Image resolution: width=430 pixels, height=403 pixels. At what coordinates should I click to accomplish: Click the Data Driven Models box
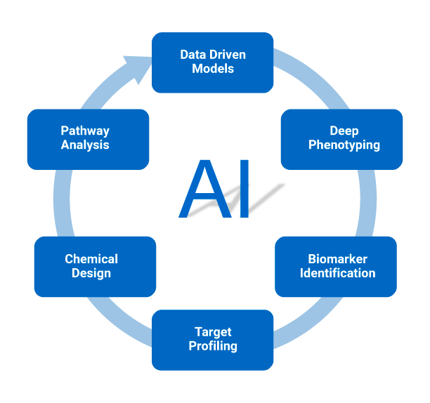[212, 62]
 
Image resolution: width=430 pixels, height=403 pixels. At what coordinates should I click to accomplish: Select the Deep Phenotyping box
[342, 138]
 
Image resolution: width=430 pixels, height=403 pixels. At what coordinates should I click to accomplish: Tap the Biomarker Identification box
[337, 266]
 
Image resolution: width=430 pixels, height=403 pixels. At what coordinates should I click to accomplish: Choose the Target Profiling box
[212, 339]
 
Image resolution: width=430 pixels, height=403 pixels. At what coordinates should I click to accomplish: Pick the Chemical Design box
[95, 266]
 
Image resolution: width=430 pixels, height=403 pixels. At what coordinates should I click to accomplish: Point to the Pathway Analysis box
[87, 138]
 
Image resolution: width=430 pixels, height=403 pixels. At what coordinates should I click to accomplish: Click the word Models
[213, 69]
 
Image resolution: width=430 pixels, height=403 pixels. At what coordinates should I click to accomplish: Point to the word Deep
[344, 131]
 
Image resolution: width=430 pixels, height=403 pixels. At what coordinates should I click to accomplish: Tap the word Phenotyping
[344, 145]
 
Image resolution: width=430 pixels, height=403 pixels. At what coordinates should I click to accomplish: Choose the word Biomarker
[337, 259]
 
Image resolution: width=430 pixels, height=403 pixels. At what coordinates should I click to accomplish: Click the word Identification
[337, 273]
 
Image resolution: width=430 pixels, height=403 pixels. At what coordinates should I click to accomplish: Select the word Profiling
[213, 346]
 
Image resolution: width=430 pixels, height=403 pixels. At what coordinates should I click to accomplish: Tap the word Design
[91, 273]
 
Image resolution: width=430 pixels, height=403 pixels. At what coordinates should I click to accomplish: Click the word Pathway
[85, 131]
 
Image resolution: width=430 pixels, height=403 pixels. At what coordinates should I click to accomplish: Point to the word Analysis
[85, 145]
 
